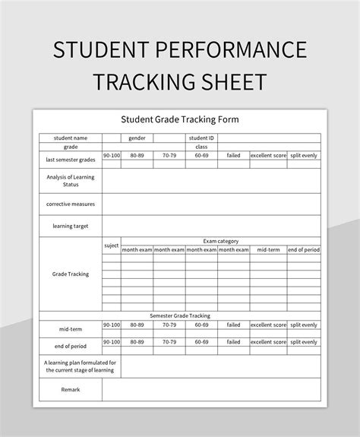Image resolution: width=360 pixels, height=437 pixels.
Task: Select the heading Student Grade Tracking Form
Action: click(x=179, y=119)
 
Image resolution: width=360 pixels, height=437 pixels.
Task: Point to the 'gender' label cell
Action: click(x=137, y=138)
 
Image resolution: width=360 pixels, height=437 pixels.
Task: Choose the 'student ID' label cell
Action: click(x=201, y=138)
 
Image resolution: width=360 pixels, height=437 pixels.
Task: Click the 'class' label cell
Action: click(x=201, y=147)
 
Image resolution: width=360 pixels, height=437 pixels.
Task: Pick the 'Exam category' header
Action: click(x=220, y=241)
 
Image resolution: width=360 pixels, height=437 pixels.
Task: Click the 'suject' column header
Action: click(x=111, y=245)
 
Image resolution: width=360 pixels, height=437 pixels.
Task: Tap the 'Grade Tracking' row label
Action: click(x=71, y=274)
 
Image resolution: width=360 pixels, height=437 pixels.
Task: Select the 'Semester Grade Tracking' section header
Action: click(x=180, y=315)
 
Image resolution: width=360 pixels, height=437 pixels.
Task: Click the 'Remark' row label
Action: click(x=71, y=390)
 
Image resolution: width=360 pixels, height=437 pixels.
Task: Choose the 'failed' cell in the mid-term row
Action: click(x=233, y=325)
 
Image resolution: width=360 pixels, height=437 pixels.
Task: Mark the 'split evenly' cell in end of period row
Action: click(x=305, y=342)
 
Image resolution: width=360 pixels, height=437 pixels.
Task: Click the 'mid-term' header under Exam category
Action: click(x=269, y=250)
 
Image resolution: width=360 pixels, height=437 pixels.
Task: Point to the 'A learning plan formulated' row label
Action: click(x=71, y=366)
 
